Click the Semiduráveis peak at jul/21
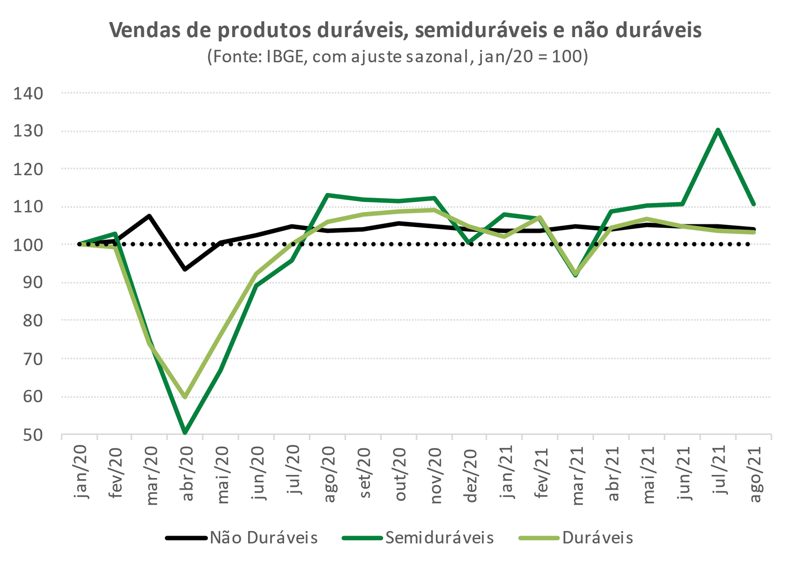coord(718,130)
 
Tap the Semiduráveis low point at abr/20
coord(185,432)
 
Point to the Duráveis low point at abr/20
coord(185,397)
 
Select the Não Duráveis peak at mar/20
coord(149,216)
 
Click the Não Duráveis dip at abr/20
coord(185,269)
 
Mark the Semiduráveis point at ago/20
coord(327,195)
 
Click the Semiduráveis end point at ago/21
coord(754,204)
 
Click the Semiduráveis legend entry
coord(418,538)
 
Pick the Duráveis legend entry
coord(576,538)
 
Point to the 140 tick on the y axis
coord(28,94)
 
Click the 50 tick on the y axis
coord(33,435)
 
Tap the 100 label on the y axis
coord(28,245)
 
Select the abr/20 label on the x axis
coord(187,473)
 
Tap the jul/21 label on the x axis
coord(720,470)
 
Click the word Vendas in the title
coord(145,30)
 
